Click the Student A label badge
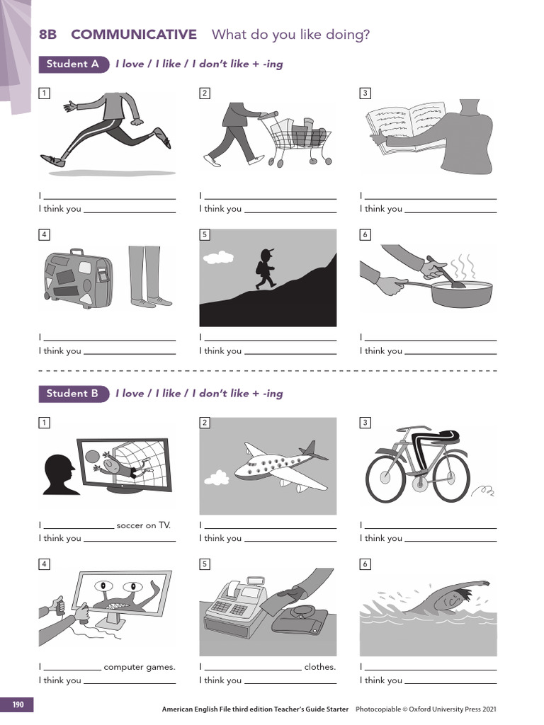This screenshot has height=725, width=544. point(73,64)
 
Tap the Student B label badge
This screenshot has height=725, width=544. point(73,394)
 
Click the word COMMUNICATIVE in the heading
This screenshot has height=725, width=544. point(134,35)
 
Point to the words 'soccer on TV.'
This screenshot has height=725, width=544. point(144,525)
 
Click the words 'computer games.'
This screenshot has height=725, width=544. point(140,667)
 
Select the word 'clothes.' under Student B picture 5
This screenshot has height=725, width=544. point(320,667)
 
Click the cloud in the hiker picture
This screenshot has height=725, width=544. point(222,256)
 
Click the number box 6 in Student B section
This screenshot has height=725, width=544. point(365,564)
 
